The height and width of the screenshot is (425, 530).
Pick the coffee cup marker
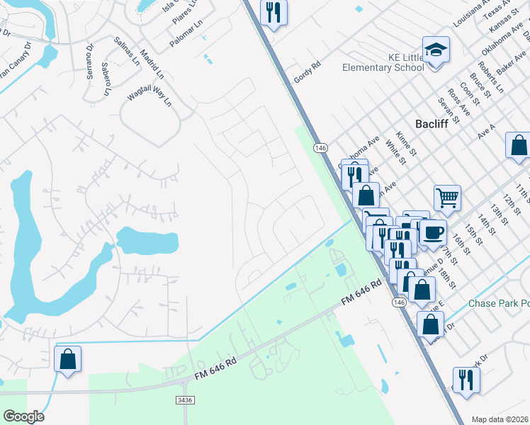432,231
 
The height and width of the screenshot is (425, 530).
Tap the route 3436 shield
184,400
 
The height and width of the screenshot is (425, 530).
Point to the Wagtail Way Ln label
150,94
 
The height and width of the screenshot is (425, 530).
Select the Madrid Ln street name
152,64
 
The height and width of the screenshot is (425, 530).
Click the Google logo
23,416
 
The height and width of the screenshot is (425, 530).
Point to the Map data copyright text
500,419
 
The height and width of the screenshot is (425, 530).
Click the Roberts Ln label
490,78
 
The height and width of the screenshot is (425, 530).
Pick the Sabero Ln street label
106,79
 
